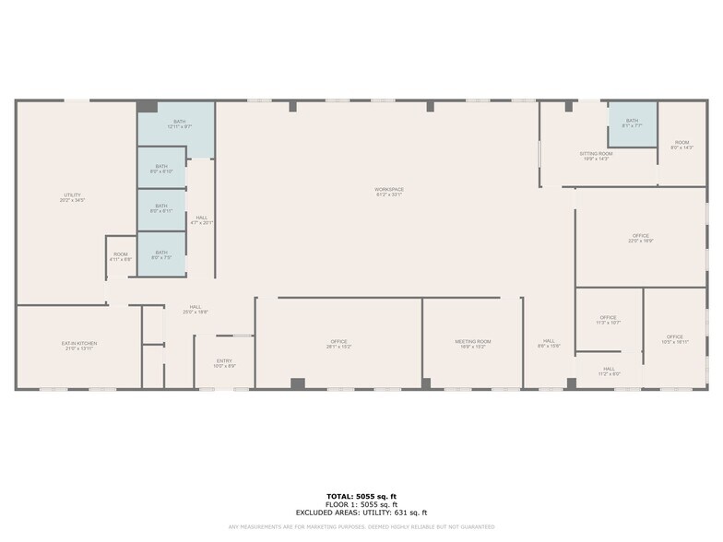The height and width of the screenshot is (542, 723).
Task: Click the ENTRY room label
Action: (x=224, y=363)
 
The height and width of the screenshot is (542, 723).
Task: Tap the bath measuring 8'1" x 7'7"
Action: (x=632, y=123)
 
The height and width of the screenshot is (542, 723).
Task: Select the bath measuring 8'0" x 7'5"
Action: (x=161, y=254)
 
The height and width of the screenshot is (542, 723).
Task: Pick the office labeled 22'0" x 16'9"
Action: (x=641, y=238)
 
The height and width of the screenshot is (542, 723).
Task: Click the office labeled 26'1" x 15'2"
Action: (x=338, y=344)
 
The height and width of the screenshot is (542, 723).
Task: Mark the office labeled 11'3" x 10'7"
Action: (x=609, y=320)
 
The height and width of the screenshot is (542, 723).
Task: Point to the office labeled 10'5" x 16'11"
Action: (x=675, y=338)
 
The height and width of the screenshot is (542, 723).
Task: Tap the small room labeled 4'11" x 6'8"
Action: (x=121, y=256)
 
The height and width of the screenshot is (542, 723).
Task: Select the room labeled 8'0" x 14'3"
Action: (x=682, y=145)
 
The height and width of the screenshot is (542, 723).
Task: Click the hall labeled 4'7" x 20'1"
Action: (x=201, y=220)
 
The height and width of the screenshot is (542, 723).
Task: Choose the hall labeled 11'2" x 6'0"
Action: (x=609, y=371)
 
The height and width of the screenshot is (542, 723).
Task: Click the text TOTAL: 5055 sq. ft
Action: (x=361, y=497)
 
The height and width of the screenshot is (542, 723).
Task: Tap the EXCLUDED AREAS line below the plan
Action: (x=361, y=513)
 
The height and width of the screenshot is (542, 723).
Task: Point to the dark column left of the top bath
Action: (x=148, y=107)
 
